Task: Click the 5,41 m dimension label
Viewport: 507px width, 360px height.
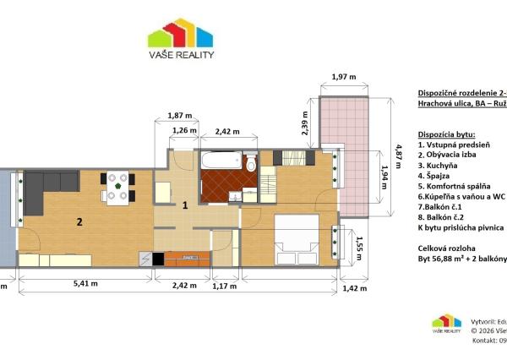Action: tap(84, 286)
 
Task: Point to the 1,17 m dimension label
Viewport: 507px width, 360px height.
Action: tap(225, 286)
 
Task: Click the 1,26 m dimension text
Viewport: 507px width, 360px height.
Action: tap(183, 131)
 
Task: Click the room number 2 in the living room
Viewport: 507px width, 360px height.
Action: tap(79, 222)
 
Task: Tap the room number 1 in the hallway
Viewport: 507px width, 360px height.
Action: tap(184, 205)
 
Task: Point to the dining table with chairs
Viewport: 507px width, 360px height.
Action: tap(118, 188)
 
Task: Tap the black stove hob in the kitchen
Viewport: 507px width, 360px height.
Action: tap(158, 259)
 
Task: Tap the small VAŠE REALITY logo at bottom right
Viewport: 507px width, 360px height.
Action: tap(447, 325)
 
